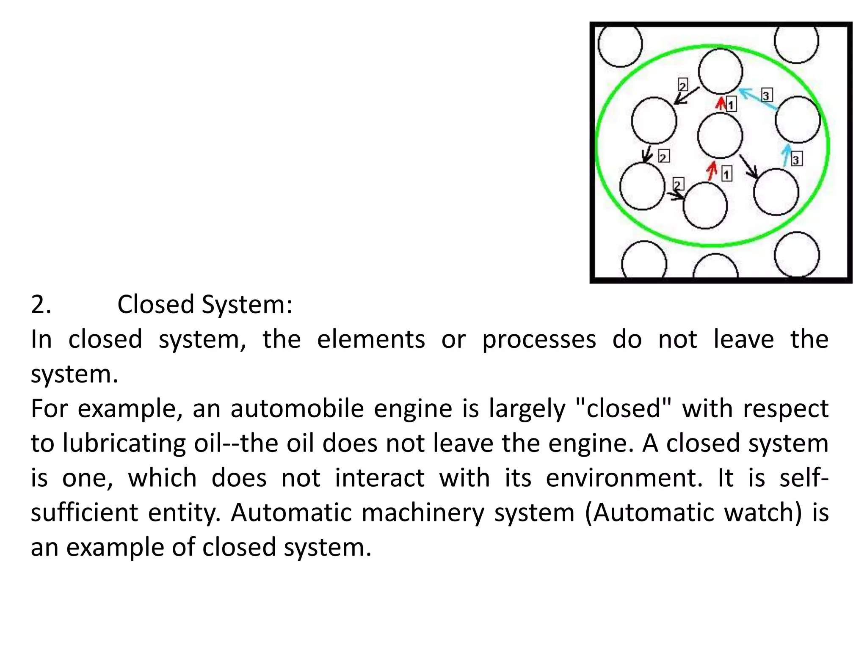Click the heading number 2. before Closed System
click(41, 304)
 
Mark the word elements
click(371, 340)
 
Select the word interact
click(380, 479)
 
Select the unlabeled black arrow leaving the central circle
click(748, 166)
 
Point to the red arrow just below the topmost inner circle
click(721, 103)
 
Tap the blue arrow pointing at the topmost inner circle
click(758, 99)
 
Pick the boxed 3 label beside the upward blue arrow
click(796, 160)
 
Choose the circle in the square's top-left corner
click(620, 45)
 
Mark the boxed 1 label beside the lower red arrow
click(726, 173)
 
